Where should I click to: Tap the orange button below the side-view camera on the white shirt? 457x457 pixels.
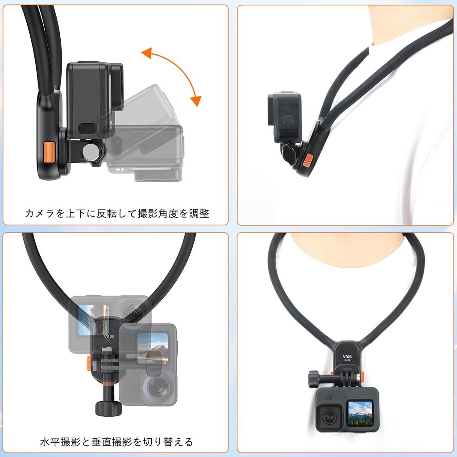tap(308, 160)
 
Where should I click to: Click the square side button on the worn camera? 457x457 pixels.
tap(289, 119)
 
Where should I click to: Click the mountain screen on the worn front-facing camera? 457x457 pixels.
tap(360, 413)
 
